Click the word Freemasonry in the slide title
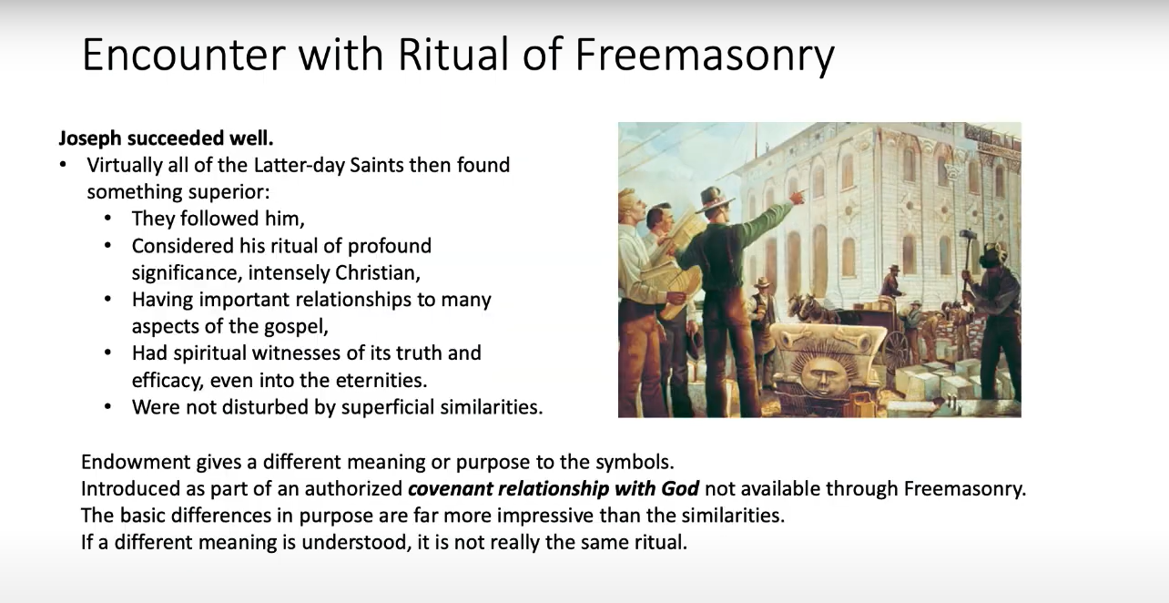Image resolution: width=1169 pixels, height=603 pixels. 705,56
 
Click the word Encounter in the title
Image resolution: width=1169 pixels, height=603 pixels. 184,54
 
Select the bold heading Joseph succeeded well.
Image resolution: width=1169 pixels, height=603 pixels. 166,138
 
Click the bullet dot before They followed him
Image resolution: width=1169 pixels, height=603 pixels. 108,219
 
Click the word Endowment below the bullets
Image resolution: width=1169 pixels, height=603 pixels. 136,462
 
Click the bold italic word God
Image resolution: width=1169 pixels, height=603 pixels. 680,488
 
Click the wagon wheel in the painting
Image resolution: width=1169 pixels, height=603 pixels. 896,347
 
